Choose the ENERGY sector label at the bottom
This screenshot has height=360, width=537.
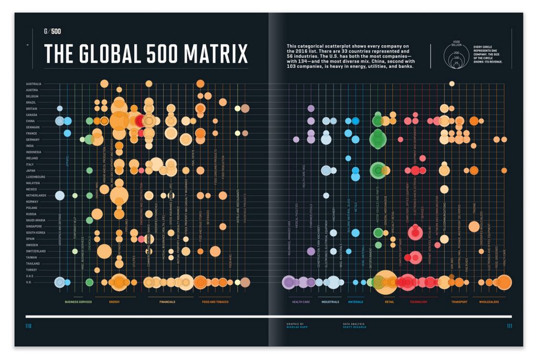point(115,302)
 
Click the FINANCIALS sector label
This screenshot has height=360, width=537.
point(167,302)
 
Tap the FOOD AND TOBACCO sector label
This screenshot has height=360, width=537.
point(215,302)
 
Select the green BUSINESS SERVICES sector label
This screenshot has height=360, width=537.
point(78,302)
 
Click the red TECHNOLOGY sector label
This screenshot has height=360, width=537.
point(418,302)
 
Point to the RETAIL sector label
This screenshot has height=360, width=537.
point(389,302)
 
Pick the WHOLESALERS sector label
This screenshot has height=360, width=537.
point(488,302)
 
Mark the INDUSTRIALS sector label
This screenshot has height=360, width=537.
point(330,302)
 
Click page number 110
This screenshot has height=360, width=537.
point(28,326)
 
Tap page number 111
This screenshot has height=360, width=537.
point(509,326)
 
